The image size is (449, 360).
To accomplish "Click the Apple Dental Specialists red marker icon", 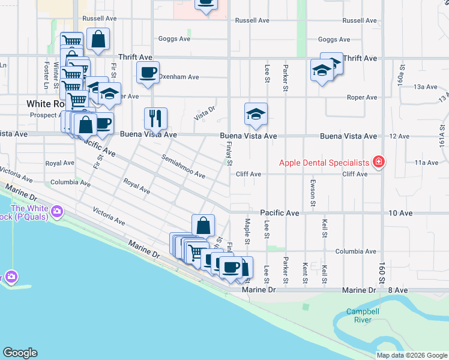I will pyautogui.click(x=379, y=162).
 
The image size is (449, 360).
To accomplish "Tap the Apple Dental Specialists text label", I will pyautogui.click(x=324, y=163).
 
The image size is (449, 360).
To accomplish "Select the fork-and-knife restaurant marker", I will pyautogui.click(x=155, y=118).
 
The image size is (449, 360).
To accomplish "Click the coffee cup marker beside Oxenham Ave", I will pyautogui.click(x=148, y=73).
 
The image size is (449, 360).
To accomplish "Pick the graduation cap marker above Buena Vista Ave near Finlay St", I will pyautogui.click(x=256, y=115).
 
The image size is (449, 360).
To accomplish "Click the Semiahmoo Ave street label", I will pyautogui.click(x=183, y=167).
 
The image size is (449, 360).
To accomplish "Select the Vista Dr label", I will pyautogui.click(x=204, y=113).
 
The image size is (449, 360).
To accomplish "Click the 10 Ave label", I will pyautogui.click(x=401, y=213).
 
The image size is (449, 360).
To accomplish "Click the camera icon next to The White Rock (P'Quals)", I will pyautogui.click(x=57, y=211).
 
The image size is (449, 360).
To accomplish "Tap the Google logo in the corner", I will pyautogui.click(x=20, y=353).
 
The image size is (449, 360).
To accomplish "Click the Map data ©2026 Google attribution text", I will pyautogui.click(x=412, y=355).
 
